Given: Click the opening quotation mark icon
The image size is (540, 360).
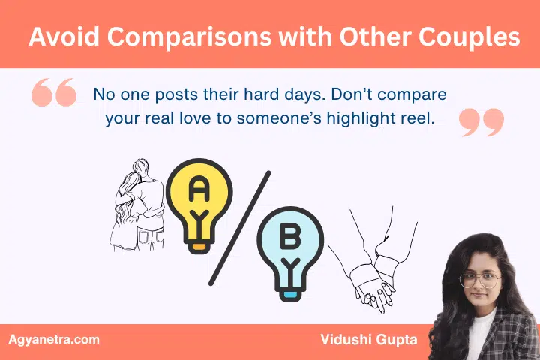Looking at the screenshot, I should [x=54, y=94].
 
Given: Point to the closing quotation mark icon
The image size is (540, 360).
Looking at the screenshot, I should [x=481, y=121].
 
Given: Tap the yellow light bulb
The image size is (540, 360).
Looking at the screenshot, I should [x=198, y=199].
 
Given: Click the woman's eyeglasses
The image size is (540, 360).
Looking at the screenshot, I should [x=479, y=280].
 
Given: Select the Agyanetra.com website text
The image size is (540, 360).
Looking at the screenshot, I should [x=53, y=340].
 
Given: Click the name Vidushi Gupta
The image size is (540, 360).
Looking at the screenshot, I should [x=359, y=340].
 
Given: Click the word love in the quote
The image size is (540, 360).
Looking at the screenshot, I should [x=223, y=118].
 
